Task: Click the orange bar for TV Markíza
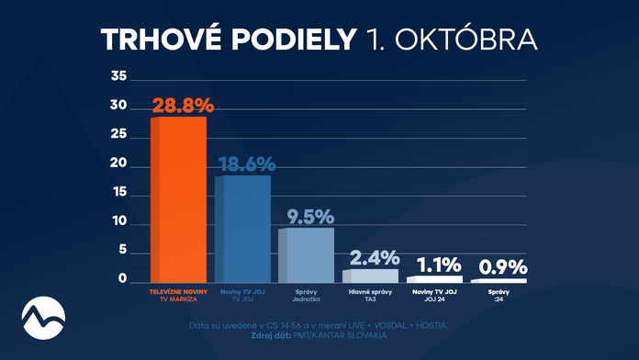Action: [178, 199]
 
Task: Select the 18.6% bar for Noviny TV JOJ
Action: [242, 229]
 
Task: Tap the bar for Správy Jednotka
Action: [306, 254]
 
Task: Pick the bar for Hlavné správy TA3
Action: [370, 276]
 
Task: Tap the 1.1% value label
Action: [434, 264]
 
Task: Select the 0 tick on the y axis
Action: [120, 280]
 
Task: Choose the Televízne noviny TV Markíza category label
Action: [178, 295]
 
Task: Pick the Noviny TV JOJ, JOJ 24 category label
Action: [434, 295]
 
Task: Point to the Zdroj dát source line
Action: [319, 336]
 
